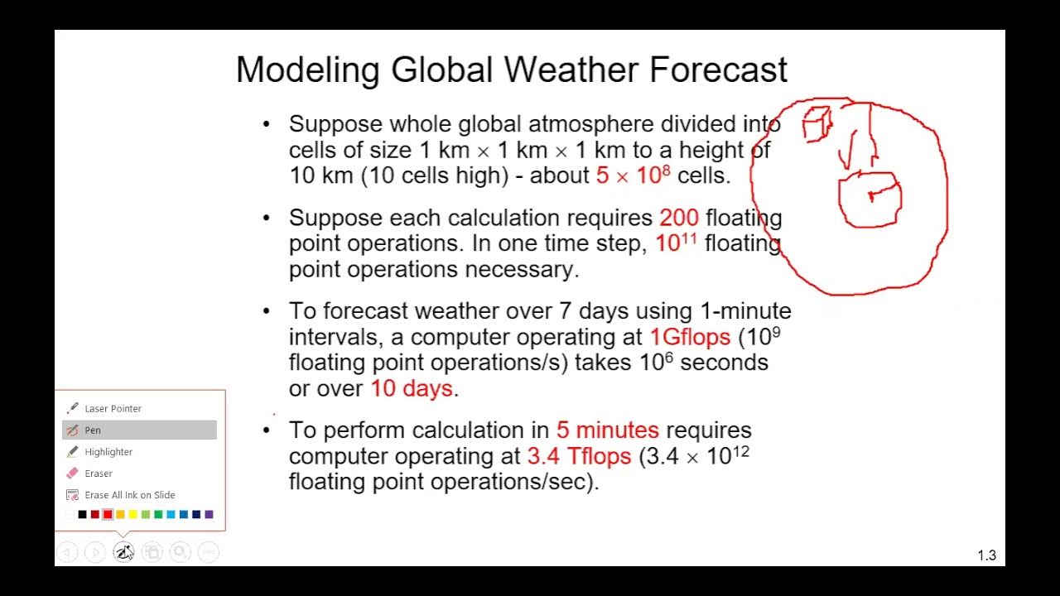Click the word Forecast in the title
[x=718, y=70]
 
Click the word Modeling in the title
[x=309, y=70]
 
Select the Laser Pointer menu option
[x=113, y=408]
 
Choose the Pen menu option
[x=93, y=430]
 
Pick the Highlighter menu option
[x=108, y=452]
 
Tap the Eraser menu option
[x=99, y=473]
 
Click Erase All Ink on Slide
[x=129, y=495]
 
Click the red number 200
[x=679, y=218]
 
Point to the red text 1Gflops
[x=690, y=337]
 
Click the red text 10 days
[x=411, y=388]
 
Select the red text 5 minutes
[x=607, y=430]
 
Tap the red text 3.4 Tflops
[x=579, y=456]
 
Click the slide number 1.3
[x=986, y=555]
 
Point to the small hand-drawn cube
[x=817, y=124]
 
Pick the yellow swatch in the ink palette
[x=132, y=515]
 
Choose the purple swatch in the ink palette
[x=209, y=515]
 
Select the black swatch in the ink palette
[x=82, y=515]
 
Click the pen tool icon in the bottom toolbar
[x=123, y=551]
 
